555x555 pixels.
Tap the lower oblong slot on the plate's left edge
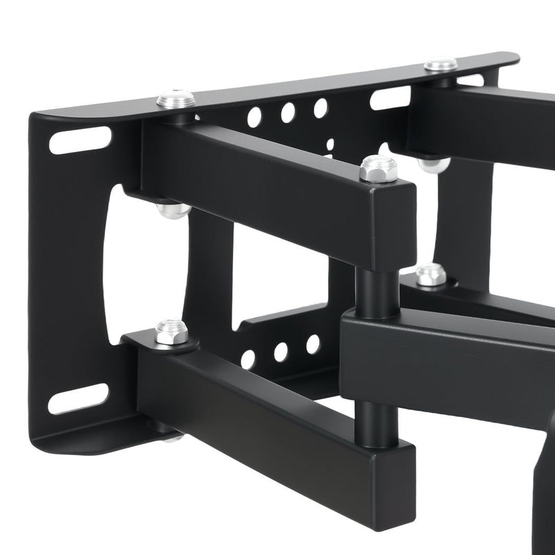(x=78, y=399)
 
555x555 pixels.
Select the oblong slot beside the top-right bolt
(x=390, y=98)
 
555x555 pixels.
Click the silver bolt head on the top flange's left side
(x=174, y=99)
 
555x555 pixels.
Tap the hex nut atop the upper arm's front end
(x=378, y=168)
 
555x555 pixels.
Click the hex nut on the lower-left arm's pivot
(x=171, y=332)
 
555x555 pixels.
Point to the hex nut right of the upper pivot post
(x=431, y=275)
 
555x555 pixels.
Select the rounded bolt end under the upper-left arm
(x=173, y=210)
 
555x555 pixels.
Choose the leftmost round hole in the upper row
(x=255, y=117)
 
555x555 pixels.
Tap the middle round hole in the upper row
(x=287, y=112)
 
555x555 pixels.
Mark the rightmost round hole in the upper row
(x=320, y=108)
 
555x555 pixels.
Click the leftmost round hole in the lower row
(x=248, y=359)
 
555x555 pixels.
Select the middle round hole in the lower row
(x=280, y=352)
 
